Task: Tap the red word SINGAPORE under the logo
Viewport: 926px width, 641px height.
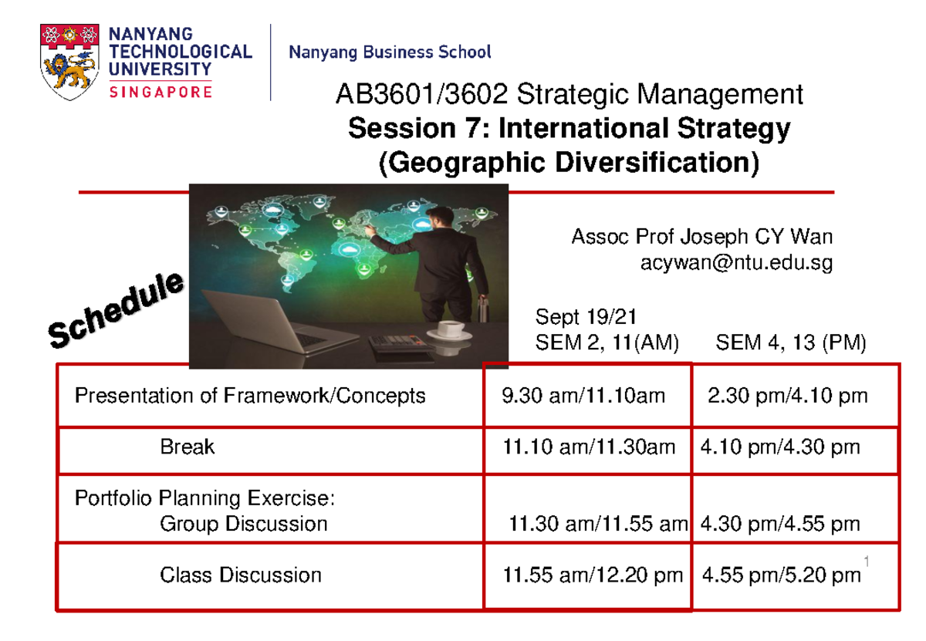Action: [x=161, y=92]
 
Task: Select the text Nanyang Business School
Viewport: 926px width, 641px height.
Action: [x=390, y=52]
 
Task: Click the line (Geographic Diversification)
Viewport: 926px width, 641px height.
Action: [x=568, y=162]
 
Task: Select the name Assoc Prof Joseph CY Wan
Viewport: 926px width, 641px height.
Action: [x=701, y=237]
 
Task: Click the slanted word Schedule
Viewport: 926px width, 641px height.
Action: [x=116, y=309]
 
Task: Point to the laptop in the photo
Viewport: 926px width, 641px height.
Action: [x=262, y=316]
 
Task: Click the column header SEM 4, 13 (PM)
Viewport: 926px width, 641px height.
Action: [x=791, y=342]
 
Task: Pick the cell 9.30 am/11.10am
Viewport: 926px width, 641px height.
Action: [x=583, y=396]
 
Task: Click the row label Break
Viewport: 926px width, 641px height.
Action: [x=187, y=447]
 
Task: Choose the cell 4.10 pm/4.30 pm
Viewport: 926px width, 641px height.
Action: [x=779, y=447]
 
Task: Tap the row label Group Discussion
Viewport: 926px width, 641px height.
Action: [x=243, y=525]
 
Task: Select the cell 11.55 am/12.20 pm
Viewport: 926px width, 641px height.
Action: [x=592, y=575]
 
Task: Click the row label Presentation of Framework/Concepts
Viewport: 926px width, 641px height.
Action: [x=249, y=396]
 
